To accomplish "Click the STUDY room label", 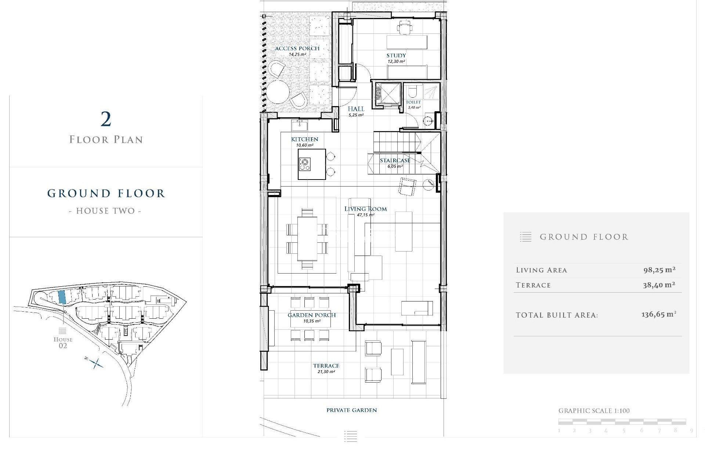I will (x=396, y=55).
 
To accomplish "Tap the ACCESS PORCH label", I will (x=297, y=48).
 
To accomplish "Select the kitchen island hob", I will (x=304, y=164).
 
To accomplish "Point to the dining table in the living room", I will (x=307, y=238).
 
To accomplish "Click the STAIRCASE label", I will (x=395, y=160).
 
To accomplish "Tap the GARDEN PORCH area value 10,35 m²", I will (x=311, y=321).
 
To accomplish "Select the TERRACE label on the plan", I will (x=326, y=366).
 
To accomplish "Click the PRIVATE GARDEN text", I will (x=351, y=410).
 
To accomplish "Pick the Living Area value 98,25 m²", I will (x=659, y=270).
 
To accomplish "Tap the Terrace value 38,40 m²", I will (x=659, y=285).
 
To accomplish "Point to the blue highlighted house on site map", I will (x=62, y=297).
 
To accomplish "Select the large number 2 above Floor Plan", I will (x=106, y=119).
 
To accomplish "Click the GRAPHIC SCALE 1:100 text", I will (x=594, y=411).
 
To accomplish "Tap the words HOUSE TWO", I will (x=105, y=211).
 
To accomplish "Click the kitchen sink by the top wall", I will (x=299, y=126).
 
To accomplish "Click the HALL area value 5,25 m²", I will (x=356, y=115).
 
